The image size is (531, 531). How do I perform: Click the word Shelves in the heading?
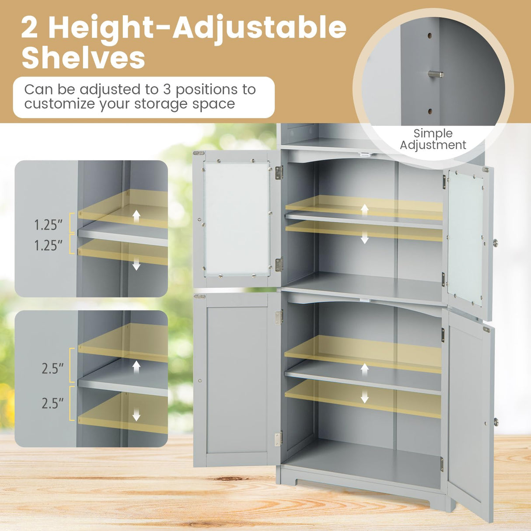click(83, 58)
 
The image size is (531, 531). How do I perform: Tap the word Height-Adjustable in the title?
click(197, 27)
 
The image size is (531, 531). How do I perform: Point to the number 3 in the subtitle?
click(167, 89)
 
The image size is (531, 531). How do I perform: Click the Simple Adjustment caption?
click(433, 139)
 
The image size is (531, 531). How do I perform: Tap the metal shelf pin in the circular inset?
click(436, 74)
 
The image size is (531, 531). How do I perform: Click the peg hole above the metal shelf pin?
click(430, 36)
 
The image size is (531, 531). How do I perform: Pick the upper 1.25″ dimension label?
click(48, 225)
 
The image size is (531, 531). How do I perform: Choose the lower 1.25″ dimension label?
click(48, 245)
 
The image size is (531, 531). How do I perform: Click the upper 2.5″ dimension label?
click(52, 368)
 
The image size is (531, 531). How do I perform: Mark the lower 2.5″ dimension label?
click(52, 403)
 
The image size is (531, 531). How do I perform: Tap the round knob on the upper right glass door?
click(496, 242)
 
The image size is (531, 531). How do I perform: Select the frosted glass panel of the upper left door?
click(236, 219)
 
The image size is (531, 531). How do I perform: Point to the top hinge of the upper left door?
click(279, 172)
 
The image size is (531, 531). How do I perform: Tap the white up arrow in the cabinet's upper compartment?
click(364, 209)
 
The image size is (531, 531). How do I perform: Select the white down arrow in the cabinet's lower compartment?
click(364, 397)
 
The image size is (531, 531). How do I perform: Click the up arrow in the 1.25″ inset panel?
click(136, 216)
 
